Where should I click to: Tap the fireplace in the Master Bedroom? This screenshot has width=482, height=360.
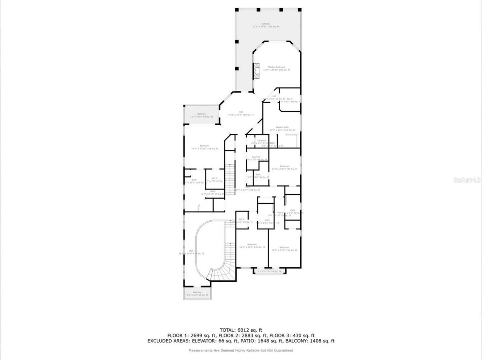pyautogui.click(x=257, y=70)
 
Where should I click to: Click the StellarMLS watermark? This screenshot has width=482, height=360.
pyautogui.click(x=467, y=180)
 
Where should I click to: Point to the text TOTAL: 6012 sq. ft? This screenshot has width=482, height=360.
pyautogui.click(x=241, y=330)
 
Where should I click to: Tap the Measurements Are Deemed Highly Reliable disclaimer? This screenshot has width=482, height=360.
pyautogui.click(x=241, y=351)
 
